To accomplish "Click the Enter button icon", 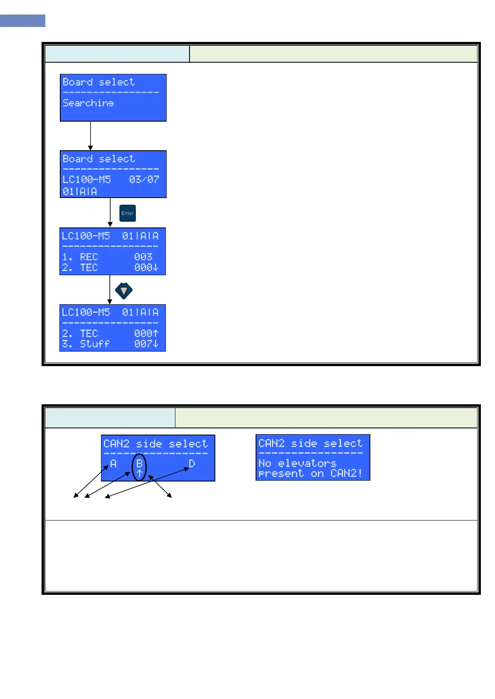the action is pyautogui.click(x=128, y=213).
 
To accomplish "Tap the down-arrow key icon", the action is pyautogui.click(x=123, y=291).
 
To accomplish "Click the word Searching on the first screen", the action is pyautogui.click(x=88, y=103).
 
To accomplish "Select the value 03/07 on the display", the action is pyautogui.click(x=144, y=179).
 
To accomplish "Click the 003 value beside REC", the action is pyautogui.click(x=143, y=257).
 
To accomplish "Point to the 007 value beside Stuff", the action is pyautogui.click(x=143, y=344).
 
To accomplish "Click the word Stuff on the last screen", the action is pyautogui.click(x=95, y=344).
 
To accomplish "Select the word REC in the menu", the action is pyautogui.click(x=89, y=257).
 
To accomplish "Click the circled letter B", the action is pyautogui.click(x=139, y=464).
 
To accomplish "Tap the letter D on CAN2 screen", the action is pyautogui.click(x=192, y=464).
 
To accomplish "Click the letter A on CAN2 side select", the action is pyautogui.click(x=113, y=464).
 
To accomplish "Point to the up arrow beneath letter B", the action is pyautogui.click(x=139, y=473).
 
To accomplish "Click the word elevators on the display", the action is pyautogui.click(x=307, y=463).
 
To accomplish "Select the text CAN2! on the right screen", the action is pyautogui.click(x=346, y=474).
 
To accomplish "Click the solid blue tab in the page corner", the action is pyautogui.click(x=22, y=21).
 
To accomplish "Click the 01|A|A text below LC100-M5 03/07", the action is pyautogui.click(x=80, y=191).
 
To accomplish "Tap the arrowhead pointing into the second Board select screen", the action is pyautogui.click(x=90, y=148).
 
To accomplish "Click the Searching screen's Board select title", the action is pyautogui.click(x=99, y=82).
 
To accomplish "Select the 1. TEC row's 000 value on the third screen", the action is pyautogui.click(x=143, y=268).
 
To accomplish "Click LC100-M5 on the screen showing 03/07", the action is pyautogui.click(x=87, y=179).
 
